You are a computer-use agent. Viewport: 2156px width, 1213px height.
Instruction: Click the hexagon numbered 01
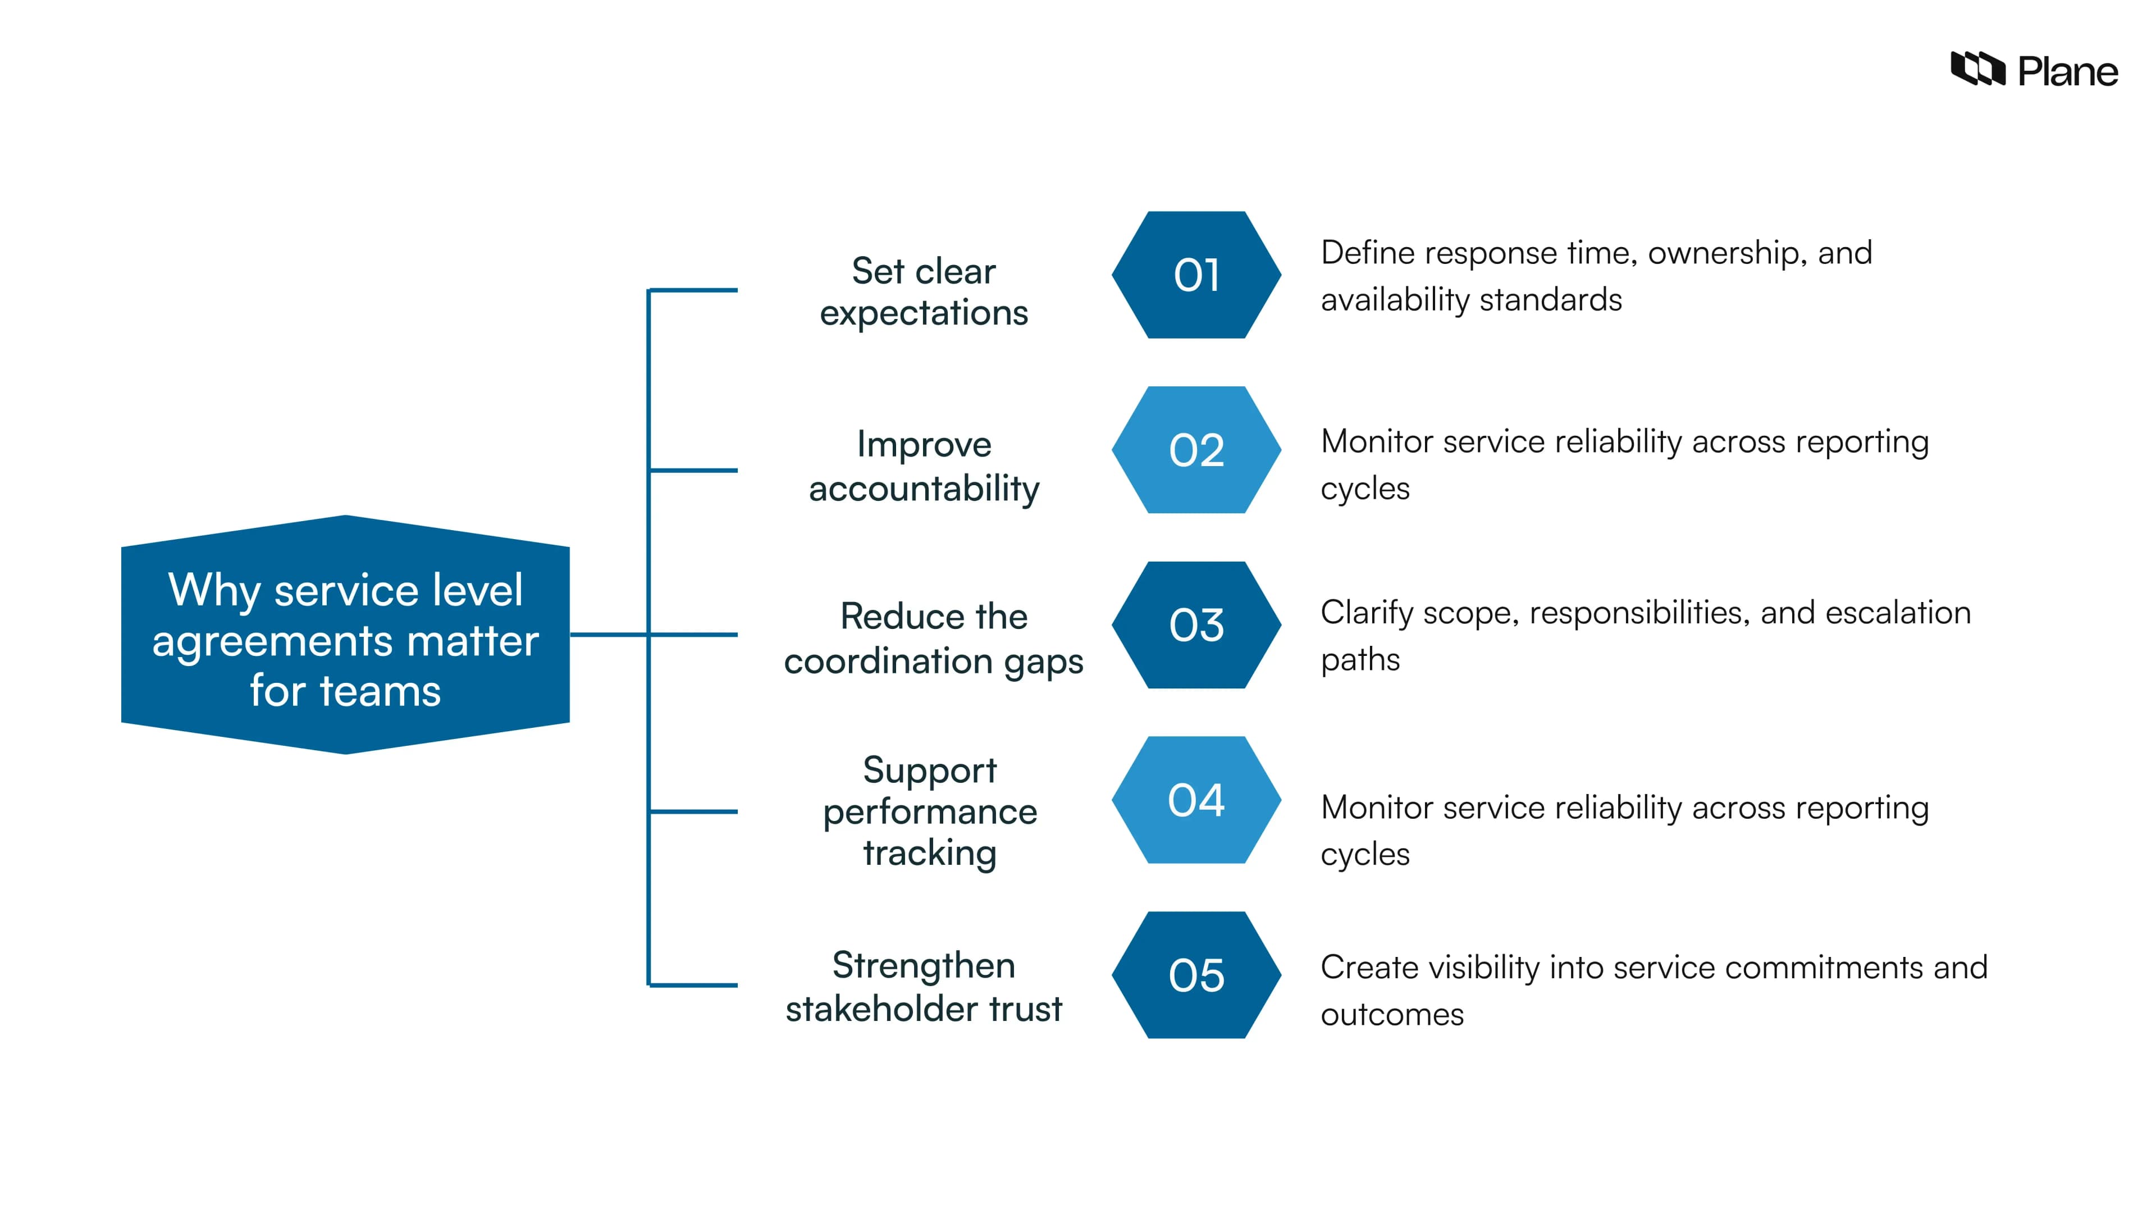pyautogui.click(x=1196, y=275)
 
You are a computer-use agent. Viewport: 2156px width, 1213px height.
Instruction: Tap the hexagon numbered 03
pyautogui.click(x=1196, y=626)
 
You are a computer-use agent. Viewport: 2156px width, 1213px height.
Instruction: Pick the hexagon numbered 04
pyautogui.click(x=1196, y=800)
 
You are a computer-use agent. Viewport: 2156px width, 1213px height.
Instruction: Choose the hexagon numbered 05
pyautogui.click(x=1196, y=975)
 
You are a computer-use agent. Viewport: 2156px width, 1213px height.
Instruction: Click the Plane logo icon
pyautogui.click(x=1977, y=69)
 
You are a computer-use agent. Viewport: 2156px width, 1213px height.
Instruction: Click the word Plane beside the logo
pyautogui.click(x=2067, y=72)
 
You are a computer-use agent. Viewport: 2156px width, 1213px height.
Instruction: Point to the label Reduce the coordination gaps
pyautogui.click(x=933, y=638)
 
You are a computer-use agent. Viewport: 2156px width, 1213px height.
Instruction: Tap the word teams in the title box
pyautogui.click(x=380, y=691)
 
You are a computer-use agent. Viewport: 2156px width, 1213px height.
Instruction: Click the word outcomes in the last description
pyautogui.click(x=1392, y=1015)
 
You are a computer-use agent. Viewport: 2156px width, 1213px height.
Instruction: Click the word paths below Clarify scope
pyautogui.click(x=1360, y=660)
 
